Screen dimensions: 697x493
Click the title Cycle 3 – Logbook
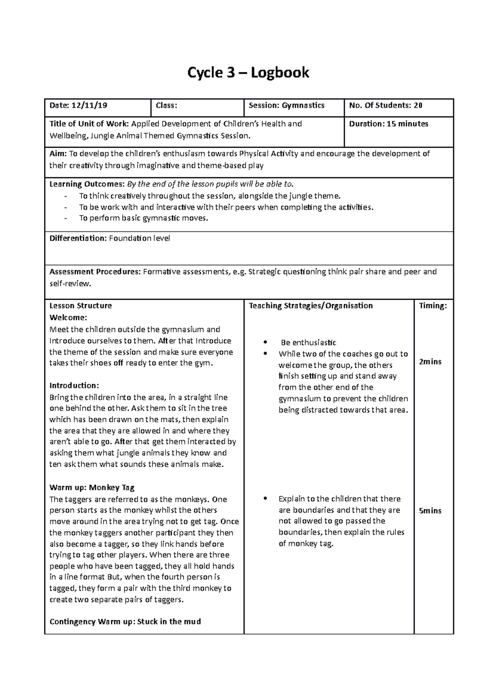click(x=248, y=73)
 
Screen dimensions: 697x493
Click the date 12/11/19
click(x=90, y=105)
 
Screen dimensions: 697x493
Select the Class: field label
click(x=166, y=105)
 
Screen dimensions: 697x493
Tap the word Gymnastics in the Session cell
click(x=303, y=105)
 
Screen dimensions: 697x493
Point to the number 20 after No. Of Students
click(x=418, y=105)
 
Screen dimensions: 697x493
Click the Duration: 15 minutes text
click(x=388, y=124)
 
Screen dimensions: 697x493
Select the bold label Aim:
click(x=58, y=154)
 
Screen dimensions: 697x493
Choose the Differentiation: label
click(x=78, y=238)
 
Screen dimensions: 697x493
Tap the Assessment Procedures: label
click(x=95, y=272)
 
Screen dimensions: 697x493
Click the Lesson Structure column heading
click(x=81, y=306)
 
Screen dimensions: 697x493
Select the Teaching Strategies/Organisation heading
click(x=311, y=306)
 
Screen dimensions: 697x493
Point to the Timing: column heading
click(x=433, y=306)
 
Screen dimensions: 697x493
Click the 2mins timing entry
click(x=430, y=362)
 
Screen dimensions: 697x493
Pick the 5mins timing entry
click(x=430, y=511)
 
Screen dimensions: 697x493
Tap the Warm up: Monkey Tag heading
click(x=92, y=488)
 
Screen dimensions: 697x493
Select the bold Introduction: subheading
click(x=74, y=385)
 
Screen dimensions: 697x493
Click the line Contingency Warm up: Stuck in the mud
click(x=125, y=621)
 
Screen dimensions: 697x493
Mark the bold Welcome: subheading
click(x=68, y=317)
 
